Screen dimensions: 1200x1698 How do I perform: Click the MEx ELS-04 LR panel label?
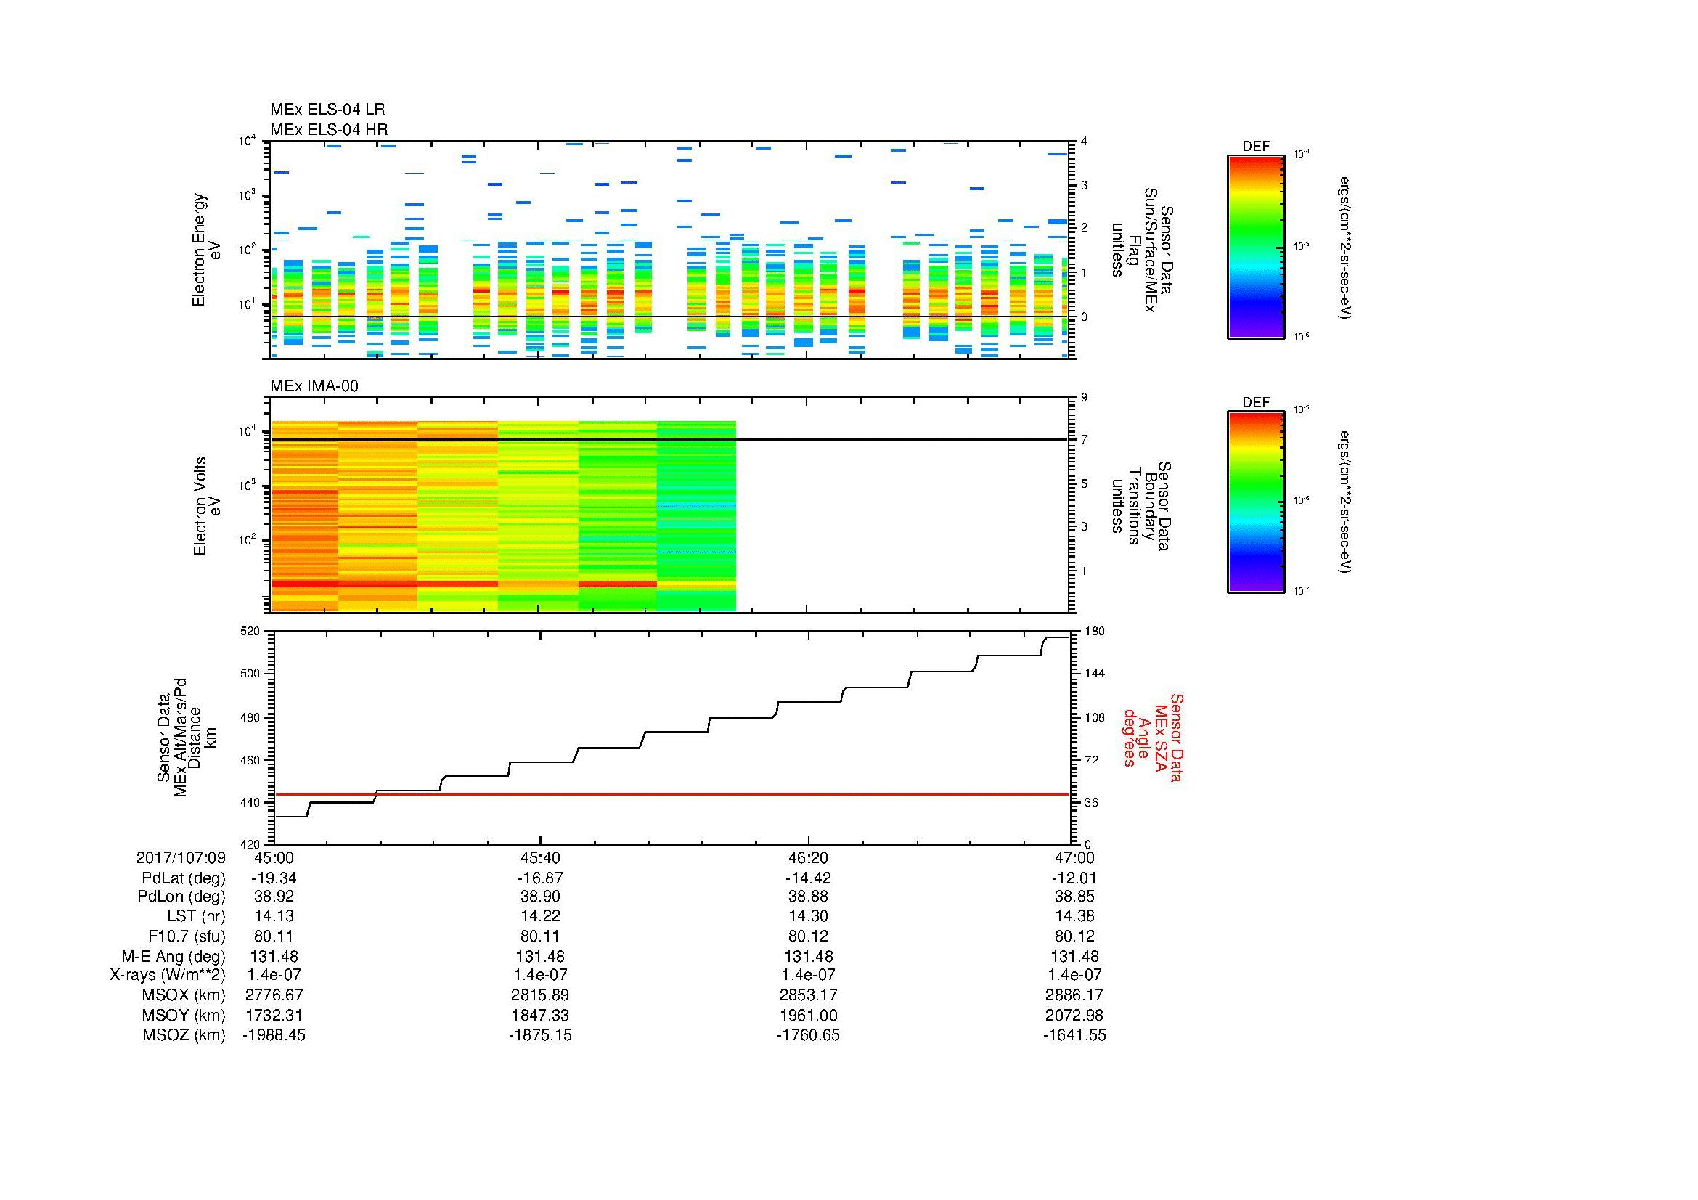pyautogui.click(x=327, y=110)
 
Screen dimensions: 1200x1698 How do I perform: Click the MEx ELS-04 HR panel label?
pyautogui.click(x=328, y=129)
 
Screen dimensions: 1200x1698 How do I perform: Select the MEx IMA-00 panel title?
pyautogui.click(x=314, y=386)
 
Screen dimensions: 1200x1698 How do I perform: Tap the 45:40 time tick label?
pyautogui.click(x=541, y=857)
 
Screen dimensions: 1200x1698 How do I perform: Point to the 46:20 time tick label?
pyautogui.click(x=808, y=857)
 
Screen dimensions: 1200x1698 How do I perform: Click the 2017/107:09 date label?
pyautogui.click(x=181, y=857)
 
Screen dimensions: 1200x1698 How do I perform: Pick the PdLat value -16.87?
pyautogui.click(x=541, y=878)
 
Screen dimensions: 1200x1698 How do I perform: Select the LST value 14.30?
pyautogui.click(x=808, y=916)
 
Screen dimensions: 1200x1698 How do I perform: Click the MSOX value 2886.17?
pyautogui.click(x=1074, y=995)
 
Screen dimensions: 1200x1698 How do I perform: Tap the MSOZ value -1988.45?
pyautogui.click(x=274, y=1035)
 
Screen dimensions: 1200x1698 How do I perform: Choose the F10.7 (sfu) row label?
pyautogui.click(x=187, y=936)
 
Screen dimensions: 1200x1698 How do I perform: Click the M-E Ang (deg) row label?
pyautogui.click(x=174, y=956)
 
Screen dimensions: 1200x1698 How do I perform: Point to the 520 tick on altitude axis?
pyautogui.click(x=250, y=632)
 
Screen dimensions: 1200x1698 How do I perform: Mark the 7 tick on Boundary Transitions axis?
pyautogui.click(x=1084, y=440)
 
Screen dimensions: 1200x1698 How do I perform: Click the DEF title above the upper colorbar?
pyautogui.click(x=1255, y=147)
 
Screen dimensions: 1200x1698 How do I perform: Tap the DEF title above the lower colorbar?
pyautogui.click(x=1255, y=402)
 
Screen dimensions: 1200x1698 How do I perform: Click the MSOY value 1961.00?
pyautogui.click(x=808, y=1015)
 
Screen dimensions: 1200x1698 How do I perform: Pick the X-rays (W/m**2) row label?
pyautogui.click(x=167, y=975)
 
